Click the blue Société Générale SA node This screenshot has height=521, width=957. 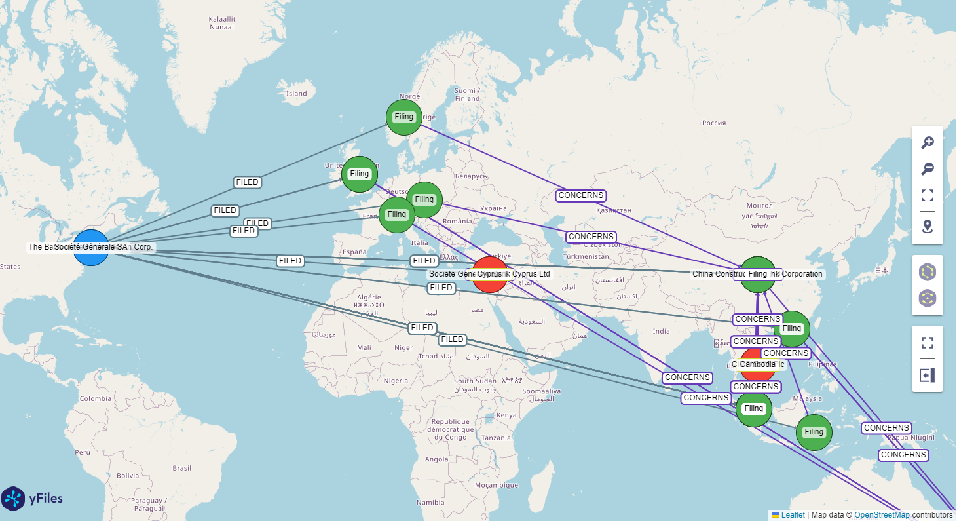pos(91,248)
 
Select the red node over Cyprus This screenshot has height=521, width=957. pos(490,275)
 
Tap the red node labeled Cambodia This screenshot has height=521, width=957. pos(758,364)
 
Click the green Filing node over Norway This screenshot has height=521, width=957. pos(404,117)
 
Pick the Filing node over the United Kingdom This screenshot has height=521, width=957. pos(360,174)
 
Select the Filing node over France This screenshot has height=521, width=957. pos(396,215)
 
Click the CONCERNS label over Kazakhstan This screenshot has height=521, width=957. pos(581,195)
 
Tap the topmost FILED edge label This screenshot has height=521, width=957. pos(248,182)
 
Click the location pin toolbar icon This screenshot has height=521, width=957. pos(928,227)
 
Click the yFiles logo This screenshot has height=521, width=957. pos(32,499)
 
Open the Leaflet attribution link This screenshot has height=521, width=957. pos(793,515)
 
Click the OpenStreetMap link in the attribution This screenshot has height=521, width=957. pos(882,515)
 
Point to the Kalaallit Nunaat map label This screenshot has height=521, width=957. pos(221,23)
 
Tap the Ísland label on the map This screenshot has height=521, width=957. pos(296,93)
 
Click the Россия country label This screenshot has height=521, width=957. pos(713,123)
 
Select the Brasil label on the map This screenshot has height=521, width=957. pos(181,468)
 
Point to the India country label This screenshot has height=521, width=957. pos(661,331)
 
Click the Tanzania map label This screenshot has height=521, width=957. pos(496,438)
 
